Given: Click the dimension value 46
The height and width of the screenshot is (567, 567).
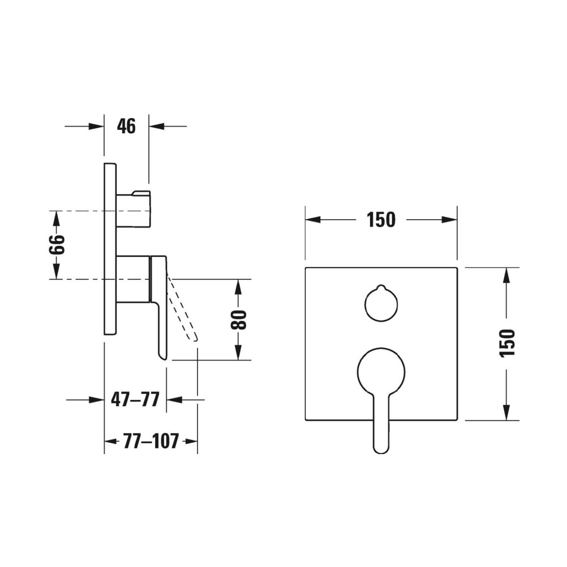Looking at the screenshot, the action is [x=126, y=126].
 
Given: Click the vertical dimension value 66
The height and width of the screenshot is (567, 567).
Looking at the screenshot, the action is [x=57, y=244].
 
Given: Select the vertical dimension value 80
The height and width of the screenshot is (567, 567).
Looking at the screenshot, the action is [x=238, y=320].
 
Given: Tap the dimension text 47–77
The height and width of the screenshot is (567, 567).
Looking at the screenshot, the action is [x=135, y=399].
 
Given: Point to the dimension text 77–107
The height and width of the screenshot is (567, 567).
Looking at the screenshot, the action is [x=151, y=441].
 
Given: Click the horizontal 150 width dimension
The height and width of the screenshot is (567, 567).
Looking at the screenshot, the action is [x=381, y=220].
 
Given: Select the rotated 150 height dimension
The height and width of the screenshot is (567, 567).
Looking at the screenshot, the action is [x=507, y=343].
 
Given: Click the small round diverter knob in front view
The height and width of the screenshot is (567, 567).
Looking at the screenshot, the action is [x=381, y=303].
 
